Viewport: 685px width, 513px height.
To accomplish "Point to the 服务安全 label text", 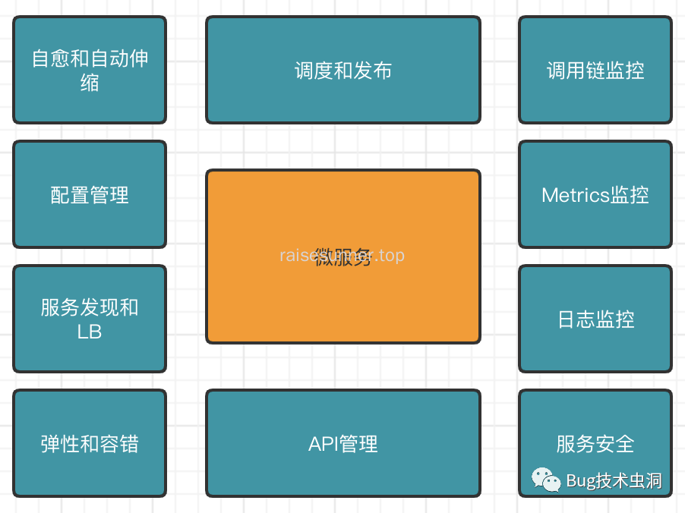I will coord(595,444).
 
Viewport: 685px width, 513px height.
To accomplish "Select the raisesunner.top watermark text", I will coord(342,255).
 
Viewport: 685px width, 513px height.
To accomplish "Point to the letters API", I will coord(324,444).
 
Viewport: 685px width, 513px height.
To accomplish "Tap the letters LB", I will coord(90,332).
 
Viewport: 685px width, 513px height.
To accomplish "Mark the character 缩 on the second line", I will coord(90,82).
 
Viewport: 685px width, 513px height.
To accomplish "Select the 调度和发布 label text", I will coord(342,71).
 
